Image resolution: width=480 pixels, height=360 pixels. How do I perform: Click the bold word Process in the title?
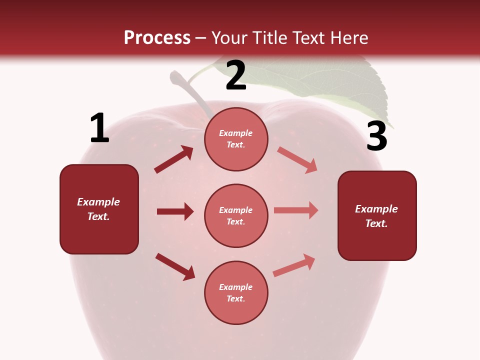[157, 38]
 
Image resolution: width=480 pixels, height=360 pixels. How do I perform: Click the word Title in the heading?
[269, 38]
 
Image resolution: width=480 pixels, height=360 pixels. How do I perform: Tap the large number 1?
[99, 128]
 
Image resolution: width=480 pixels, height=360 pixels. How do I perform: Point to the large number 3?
[376, 136]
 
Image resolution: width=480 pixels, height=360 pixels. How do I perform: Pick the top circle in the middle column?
[236, 139]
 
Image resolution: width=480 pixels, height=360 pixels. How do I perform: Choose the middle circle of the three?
[236, 215]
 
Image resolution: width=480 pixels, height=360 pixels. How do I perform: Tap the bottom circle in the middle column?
[236, 292]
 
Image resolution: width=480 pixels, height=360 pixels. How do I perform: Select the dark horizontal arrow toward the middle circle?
[175, 211]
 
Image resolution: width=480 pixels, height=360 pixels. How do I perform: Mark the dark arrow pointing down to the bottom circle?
[175, 266]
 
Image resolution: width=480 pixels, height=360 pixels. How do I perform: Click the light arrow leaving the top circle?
[297, 159]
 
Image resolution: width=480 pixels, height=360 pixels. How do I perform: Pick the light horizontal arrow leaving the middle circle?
[296, 210]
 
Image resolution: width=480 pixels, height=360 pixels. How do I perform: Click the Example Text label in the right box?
[376, 216]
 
